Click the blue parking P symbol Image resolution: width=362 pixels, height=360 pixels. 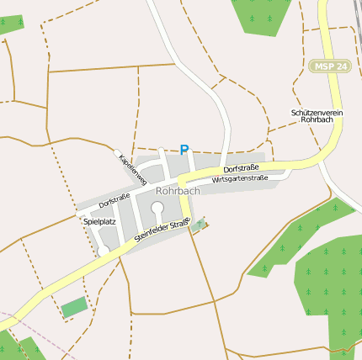coord(184,150)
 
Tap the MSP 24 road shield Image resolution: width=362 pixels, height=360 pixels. coord(327,66)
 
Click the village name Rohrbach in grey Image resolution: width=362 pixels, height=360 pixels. coord(178,191)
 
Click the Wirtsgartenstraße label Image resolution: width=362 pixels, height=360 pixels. coord(240,179)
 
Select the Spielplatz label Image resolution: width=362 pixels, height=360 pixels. coord(99,221)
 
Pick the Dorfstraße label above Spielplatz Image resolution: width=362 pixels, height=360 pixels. coord(114,201)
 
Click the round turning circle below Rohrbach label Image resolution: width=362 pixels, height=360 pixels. coord(157,207)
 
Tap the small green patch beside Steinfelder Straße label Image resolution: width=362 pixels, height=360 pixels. coord(199,225)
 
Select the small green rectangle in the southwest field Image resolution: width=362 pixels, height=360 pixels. coord(74,306)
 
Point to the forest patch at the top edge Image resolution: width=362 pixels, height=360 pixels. coord(264,15)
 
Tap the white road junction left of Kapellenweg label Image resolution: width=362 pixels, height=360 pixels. coord(117,153)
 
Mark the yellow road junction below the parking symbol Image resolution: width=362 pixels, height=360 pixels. coord(180,180)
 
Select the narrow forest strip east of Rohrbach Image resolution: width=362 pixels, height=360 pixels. coord(295,236)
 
